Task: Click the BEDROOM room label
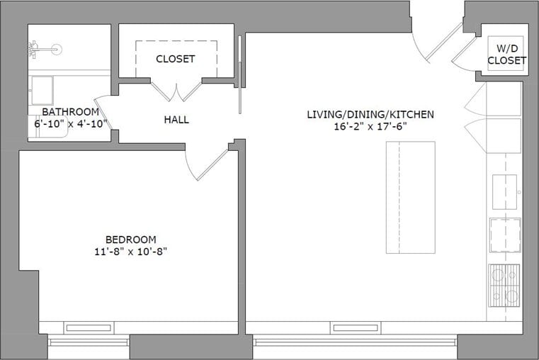pyautogui.click(x=130, y=240)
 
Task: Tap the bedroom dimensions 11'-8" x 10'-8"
pyautogui.click(x=130, y=251)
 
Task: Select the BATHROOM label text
pyautogui.click(x=70, y=112)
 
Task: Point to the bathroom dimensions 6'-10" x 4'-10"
pyautogui.click(x=70, y=123)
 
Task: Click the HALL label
pyautogui.click(x=176, y=120)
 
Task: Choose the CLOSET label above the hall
pyautogui.click(x=175, y=59)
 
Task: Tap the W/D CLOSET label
pyautogui.click(x=506, y=55)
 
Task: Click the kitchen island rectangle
pyautogui.click(x=410, y=197)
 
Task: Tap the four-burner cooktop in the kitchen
pyautogui.click(x=504, y=283)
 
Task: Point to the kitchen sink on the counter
pyautogui.click(x=504, y=191)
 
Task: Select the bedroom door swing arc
pyautogui.click(x=202, y=164)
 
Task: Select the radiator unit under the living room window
pyautogui.click(x=355, y=327)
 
